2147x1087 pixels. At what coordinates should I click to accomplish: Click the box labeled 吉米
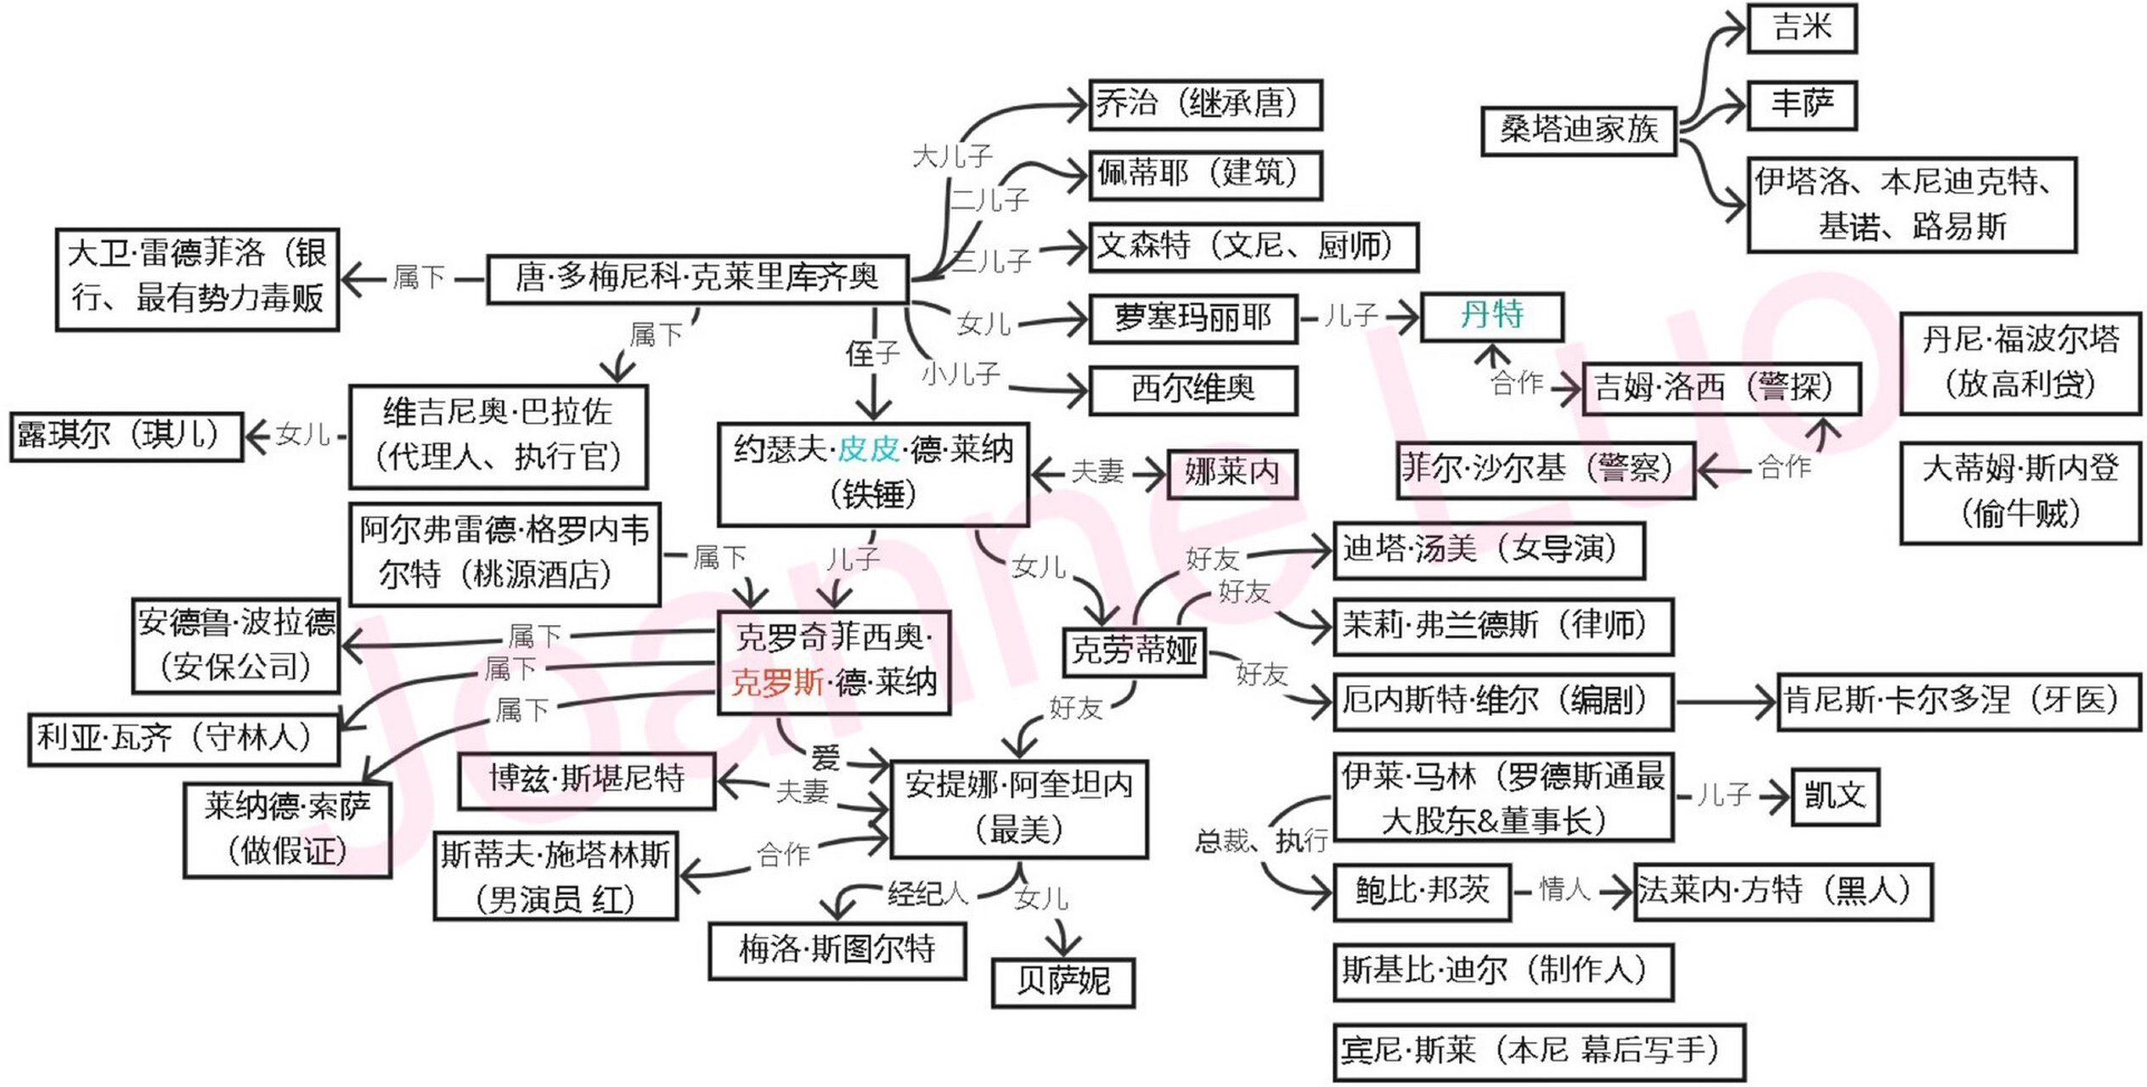(1801, 28)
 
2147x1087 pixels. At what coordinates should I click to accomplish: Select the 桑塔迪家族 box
(1579, 131)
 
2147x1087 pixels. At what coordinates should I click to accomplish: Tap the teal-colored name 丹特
(1491, 316)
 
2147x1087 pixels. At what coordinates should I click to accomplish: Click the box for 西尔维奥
(1192, 390)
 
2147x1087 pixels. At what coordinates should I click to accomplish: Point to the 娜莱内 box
(1231, 473)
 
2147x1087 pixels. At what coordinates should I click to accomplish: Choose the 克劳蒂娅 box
(1134, 651)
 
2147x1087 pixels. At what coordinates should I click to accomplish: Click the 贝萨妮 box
(1063, 983)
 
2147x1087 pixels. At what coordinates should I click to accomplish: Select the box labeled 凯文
(1834, 797)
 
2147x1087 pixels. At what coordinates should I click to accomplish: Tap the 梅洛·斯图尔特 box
(837, 950)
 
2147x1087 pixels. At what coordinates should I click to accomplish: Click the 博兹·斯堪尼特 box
(587, 780)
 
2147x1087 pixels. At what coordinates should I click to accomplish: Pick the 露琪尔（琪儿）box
(127, 436)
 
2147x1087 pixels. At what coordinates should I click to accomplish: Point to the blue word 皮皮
(869, 449)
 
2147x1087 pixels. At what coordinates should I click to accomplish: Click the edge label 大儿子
(952, 156)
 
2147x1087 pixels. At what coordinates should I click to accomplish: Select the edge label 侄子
(872, 353)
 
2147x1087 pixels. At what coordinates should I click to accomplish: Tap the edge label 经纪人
(927, 893)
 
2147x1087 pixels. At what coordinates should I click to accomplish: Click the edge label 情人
(1564, 889)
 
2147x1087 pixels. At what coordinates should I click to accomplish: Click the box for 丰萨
(1801, 105)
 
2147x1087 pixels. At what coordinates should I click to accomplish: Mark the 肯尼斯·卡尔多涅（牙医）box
(1958, 701)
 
